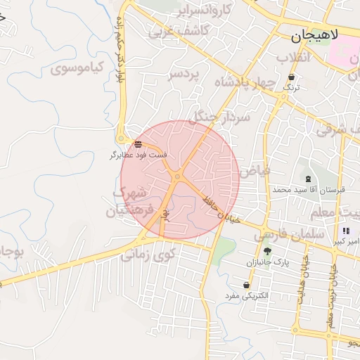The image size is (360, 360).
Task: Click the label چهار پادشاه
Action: [248, 82]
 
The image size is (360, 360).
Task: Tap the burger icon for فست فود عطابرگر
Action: [136, 145]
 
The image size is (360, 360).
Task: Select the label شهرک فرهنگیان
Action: [129, 202]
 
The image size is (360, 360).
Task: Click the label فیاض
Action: [254, 170]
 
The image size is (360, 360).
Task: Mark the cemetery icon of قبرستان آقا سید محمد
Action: [309, 179]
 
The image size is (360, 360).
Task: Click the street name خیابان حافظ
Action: [221, 210]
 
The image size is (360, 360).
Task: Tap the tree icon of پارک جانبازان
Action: [266, 251]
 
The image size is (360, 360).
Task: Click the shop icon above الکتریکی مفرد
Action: [246, 285]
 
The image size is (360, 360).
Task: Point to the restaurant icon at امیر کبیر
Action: [345, 231]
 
